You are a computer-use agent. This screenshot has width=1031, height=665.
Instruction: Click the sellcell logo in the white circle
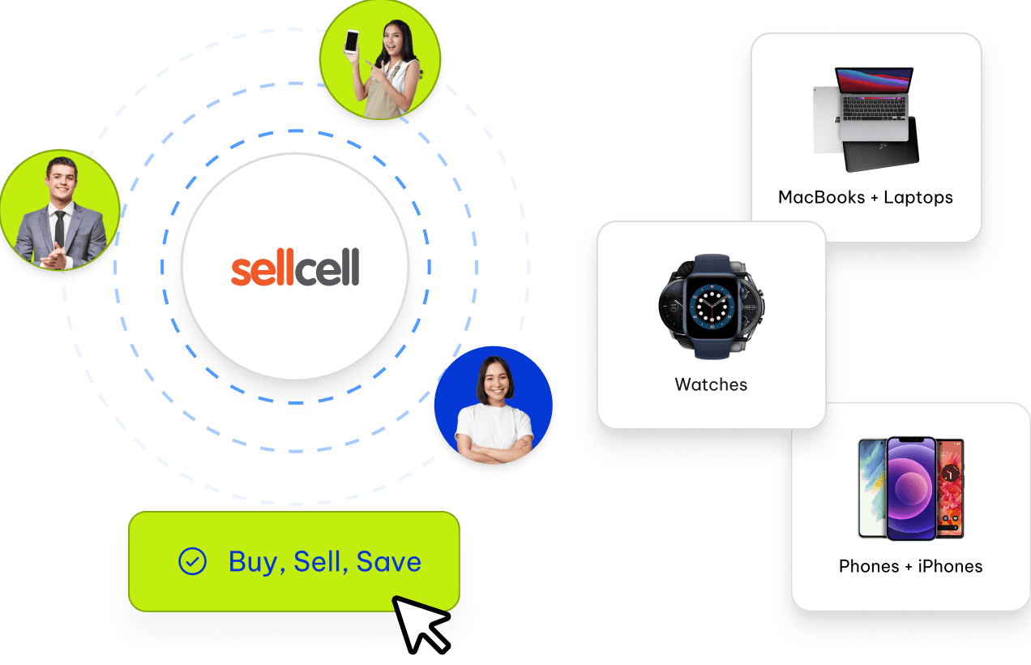pos(295,268)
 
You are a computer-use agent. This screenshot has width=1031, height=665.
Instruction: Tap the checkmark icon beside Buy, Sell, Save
pos(191,561)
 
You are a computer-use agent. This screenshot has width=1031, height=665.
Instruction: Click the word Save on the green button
pos(389,562)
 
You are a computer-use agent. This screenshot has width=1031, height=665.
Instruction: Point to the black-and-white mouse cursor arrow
pos(419,622)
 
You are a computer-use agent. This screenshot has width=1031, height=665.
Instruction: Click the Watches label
pos(711,384)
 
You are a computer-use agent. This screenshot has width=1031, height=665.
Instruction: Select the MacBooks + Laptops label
pos(866,197)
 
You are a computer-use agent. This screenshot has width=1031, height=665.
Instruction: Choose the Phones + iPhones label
pos(910,566)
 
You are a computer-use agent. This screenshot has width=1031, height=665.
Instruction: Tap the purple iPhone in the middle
pos(911,488)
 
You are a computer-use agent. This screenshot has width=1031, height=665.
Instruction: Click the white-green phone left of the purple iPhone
pos(871,487)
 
